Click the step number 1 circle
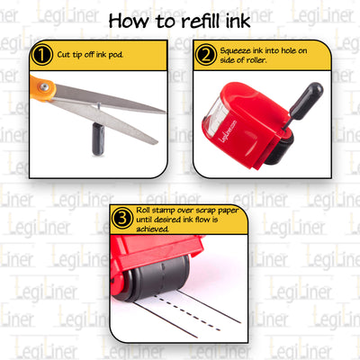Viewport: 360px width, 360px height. (40, 56)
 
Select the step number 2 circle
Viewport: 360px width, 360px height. (205, 56)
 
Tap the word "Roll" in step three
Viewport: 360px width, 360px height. (146, 212)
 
